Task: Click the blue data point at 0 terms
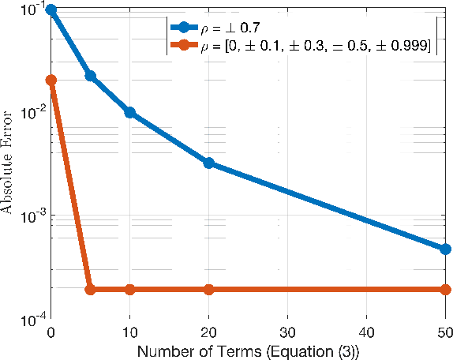51,9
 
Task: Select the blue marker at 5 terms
90,76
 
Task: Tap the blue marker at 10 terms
129,112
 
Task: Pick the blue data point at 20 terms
208,163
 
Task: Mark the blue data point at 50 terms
445,249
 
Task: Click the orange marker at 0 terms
51,80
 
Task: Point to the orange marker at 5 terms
90,289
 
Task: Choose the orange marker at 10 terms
129,289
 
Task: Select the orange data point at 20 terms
208,289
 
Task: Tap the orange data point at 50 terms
445,289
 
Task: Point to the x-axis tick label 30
287,332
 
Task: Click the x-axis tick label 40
366,332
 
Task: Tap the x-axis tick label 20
208,332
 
